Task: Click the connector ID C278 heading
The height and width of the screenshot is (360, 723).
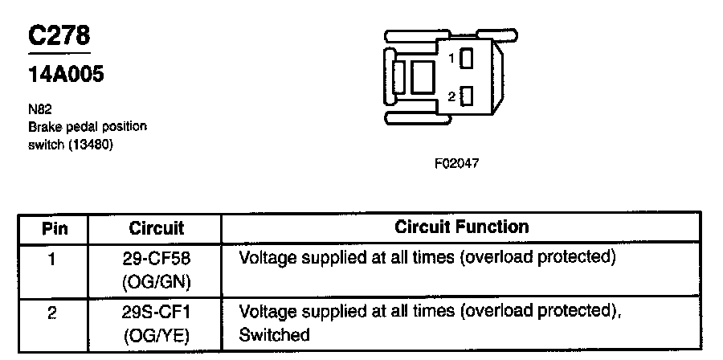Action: click(x=59, y=37)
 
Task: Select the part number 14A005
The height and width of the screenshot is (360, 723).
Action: click(x=66, y=76)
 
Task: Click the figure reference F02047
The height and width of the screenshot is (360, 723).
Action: click(x=456, y=163)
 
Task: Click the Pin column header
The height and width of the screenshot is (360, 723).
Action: click(x=54, y=228)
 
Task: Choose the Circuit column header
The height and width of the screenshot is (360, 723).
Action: click(x=157, y=228)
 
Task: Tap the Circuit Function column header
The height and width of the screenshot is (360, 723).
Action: click(x=461, y=227)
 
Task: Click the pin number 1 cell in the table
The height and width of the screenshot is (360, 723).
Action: click(x=51, y=260)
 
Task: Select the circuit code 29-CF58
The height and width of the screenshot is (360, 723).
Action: click(x=158, y=260)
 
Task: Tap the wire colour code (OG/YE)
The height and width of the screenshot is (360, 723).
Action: click(x=158, y=335)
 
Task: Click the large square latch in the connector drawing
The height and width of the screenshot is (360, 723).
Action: click(x=423, y=78)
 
